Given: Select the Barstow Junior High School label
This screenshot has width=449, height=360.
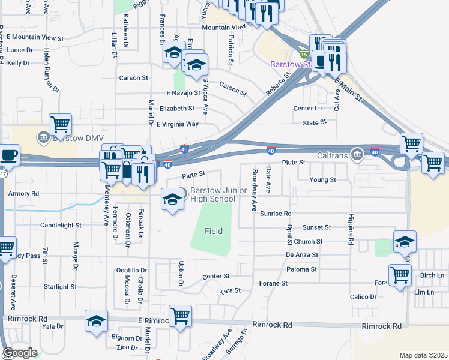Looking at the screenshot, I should click(x=212, y=195).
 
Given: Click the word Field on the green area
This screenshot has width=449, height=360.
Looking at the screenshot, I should click(x=213, y=231).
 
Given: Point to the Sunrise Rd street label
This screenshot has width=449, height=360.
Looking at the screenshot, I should click(x=276, y=213).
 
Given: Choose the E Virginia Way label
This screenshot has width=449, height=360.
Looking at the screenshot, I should click(x=177, y=124).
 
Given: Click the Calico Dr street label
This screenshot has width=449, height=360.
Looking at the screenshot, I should click(x=363, y=297).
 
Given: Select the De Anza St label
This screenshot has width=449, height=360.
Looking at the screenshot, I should click(x=301, y=255).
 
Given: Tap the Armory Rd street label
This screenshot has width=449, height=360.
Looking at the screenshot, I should click(x=23, y=194).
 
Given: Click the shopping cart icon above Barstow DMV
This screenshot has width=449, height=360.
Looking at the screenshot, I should click(x=60, y=124).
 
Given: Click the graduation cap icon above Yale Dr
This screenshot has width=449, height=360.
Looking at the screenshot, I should click(x=96, y=320).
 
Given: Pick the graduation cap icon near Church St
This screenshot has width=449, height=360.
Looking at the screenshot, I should click(x=405, y=241).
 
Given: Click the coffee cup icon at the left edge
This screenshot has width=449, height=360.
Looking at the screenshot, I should click(x=9, y=154).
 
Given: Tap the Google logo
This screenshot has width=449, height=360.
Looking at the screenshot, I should click(x=20, y=353).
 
